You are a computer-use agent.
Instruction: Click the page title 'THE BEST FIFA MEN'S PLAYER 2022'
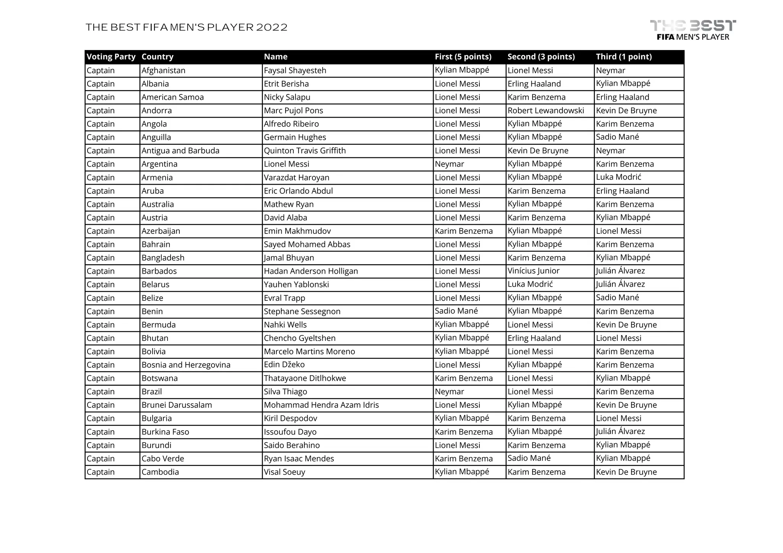coord(187,28)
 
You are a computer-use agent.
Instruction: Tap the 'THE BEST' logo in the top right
coord(693,30)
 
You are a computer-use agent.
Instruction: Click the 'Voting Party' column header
coord(111,57)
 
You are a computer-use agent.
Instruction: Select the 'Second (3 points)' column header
coord(541,57)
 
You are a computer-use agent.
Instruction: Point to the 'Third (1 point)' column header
coord(624,57)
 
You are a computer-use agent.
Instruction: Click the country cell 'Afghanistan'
coord(163,71)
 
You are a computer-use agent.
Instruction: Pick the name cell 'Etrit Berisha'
coord(286,84)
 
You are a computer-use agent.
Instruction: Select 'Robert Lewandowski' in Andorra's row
coord(546,111)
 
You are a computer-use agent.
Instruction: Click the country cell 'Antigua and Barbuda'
coord(180,151)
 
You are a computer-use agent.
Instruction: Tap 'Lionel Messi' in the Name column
coord(286,164)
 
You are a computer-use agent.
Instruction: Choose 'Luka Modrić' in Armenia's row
coord(618,177)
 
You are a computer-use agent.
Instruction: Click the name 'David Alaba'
coord(285,218)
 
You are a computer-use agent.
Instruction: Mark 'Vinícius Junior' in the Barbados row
coord(533,271)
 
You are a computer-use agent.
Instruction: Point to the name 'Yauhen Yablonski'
coord(296,285)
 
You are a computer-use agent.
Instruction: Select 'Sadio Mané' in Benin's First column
coord(456,311)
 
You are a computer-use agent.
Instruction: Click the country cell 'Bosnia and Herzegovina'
coord(186,365)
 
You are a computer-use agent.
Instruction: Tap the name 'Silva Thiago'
coord(285,392)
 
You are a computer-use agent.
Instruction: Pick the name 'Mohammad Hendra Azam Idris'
coord(321,405)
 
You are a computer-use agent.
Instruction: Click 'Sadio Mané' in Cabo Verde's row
coord(529,458)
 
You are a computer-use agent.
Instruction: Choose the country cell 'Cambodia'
coord(160,472)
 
